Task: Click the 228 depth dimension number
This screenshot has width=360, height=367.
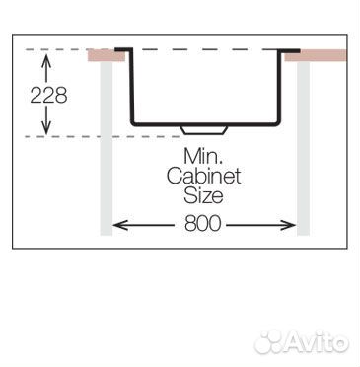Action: coord(48,96)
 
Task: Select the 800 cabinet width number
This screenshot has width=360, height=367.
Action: coord(202,224)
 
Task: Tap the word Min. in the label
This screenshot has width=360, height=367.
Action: coord(203,156)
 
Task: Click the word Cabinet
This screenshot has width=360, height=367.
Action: coord(203,176)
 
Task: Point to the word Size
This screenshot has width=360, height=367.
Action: coord(203,195)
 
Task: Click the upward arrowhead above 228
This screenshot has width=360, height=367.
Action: coord(46,59)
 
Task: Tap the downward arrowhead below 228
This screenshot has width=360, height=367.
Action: coord(46,129)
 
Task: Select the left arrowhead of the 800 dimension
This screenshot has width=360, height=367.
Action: coord(119,225)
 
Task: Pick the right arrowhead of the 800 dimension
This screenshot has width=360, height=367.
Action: coord(289,225)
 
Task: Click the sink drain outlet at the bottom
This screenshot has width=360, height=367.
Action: coord(204,129)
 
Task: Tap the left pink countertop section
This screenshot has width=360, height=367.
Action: coord(106,55)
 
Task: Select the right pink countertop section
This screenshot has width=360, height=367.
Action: coord(316,55)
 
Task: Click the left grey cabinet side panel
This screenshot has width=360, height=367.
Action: coord(107,148)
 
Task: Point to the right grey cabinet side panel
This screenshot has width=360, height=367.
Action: coord(304,148)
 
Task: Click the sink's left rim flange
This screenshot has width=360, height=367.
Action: coord(123,49)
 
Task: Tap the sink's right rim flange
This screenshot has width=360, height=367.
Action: coord(290,50)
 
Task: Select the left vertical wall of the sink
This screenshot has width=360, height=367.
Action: coord(132,86)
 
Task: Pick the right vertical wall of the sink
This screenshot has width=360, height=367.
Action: coord(279,87)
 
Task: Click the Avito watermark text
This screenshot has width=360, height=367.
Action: coord(318,342)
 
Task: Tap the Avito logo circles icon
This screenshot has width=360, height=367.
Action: coord(269,342)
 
